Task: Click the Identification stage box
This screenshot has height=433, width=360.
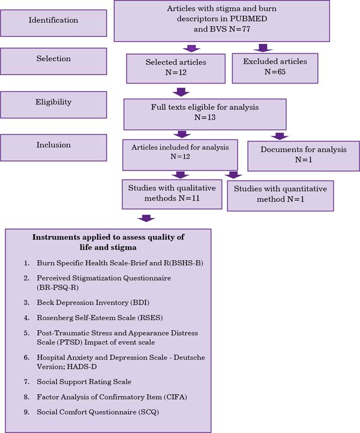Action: point(53,23)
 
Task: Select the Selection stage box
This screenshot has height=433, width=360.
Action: point(53,61)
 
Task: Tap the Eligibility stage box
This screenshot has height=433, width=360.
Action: point(53,105)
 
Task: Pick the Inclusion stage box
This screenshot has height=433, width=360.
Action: point(53,148)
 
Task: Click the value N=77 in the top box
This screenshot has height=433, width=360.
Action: point(240,29)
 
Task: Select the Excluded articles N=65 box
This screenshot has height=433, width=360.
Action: point(275,68)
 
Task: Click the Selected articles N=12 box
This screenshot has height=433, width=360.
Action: point(176,68)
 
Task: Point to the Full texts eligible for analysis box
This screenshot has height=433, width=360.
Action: point(205,114)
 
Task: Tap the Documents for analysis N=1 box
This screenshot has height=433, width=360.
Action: point(304,156)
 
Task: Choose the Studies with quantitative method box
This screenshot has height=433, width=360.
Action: point(280,196)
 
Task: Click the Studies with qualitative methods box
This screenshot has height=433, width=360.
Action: point(172,195)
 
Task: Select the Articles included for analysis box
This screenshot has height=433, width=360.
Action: point(180,155)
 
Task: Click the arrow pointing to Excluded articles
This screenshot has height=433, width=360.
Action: point(263,48)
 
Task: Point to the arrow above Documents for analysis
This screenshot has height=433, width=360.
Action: point(280,136)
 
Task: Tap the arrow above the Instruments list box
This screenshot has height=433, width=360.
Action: point(146,218)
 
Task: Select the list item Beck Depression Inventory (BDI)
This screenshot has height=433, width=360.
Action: point(93,303)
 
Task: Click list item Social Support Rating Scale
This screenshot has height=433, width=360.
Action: point(84,382)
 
